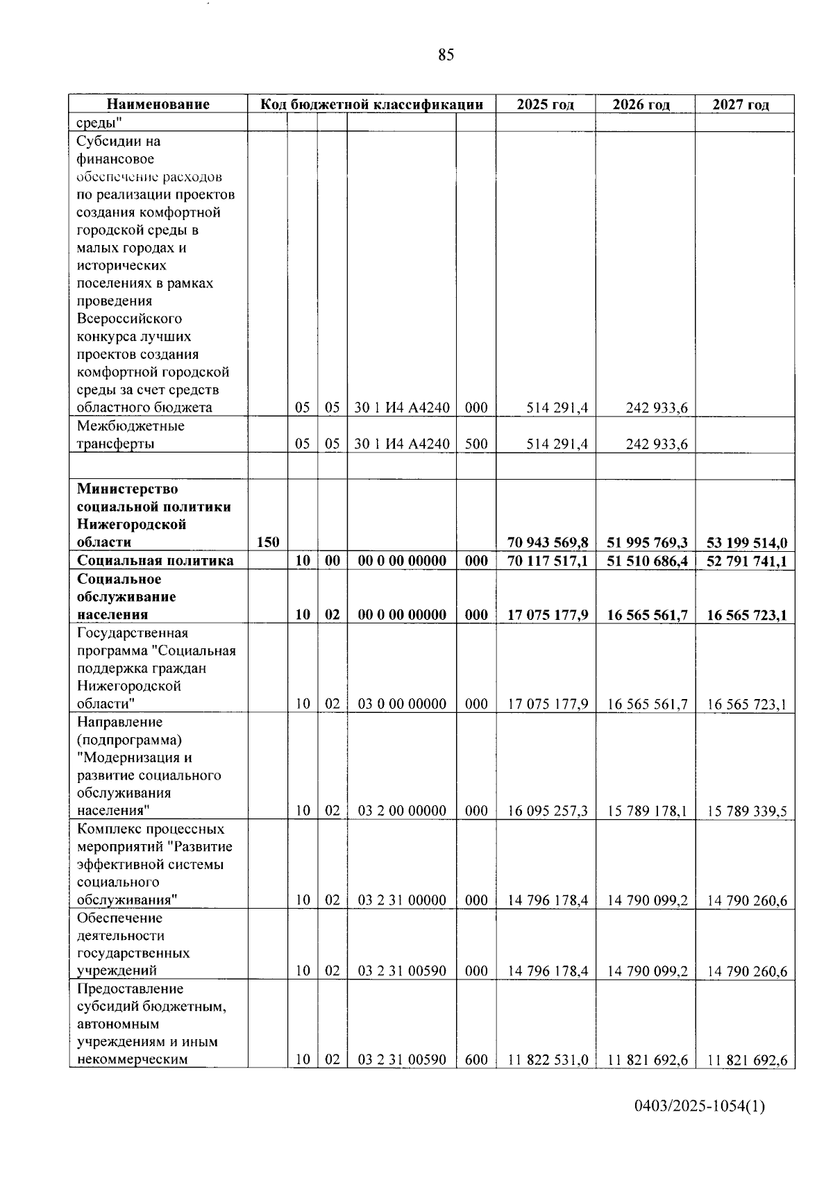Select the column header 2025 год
coord(545,105)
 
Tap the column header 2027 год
coord(741,105)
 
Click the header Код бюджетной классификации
coord(371,105)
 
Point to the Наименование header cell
coord(158,105)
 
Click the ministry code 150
coord(268,543)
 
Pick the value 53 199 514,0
coord(746,543)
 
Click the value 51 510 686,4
coord(647,561)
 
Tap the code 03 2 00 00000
coord(402,811)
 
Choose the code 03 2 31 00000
coord(402,900)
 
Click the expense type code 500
coord(476,444)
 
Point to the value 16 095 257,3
coord(548,811)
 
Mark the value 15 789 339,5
coord(746,811)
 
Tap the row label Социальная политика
coord(155,561)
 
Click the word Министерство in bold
coord(128,489)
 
